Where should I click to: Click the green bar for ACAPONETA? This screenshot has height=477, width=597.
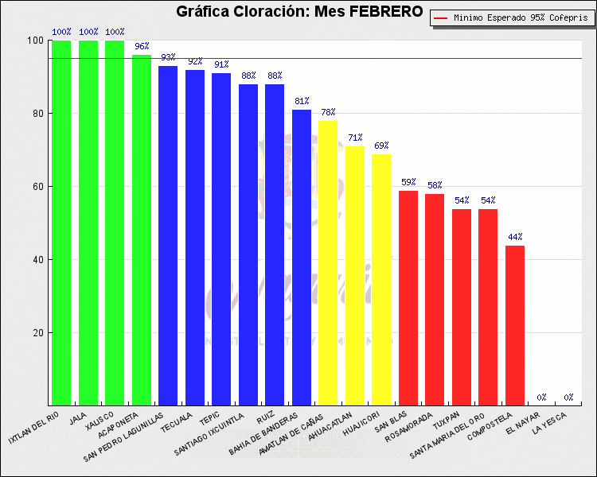click(x=142, y=230)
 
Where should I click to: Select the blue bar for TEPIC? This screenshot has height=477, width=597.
click(x=221, y=239)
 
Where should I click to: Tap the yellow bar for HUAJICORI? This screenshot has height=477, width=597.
click(x=381, y=280)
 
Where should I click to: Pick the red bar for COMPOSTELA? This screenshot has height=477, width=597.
click(x=515, y=326)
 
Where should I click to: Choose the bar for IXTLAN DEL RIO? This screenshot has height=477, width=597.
click(x=61, y=223)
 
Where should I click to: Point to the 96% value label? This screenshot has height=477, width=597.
click(x=142, y=46)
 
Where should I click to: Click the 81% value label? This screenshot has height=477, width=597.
click(x=302, y=101)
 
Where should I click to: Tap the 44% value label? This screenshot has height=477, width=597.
click(x=515, y=237)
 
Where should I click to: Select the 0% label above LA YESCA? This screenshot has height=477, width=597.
click(x=568, y=397)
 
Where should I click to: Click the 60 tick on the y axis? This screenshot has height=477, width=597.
click(x=37, y=186)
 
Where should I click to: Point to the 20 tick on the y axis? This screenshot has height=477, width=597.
click(x=37, y=333)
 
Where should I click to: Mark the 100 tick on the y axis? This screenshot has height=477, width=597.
click(x=35, y=41)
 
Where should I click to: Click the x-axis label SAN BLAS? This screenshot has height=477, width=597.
click(x=391, y=421)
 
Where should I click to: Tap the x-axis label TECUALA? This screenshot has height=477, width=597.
click(x=176, y=422)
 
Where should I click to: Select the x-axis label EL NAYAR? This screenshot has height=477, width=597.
click(x=523, y=424)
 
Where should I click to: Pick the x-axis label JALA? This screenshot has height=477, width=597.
click(x=78, y=418)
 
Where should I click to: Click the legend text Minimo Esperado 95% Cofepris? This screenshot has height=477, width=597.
click(x=521, y=17)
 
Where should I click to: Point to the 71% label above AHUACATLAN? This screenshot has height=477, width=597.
click(x=355, y=138)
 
